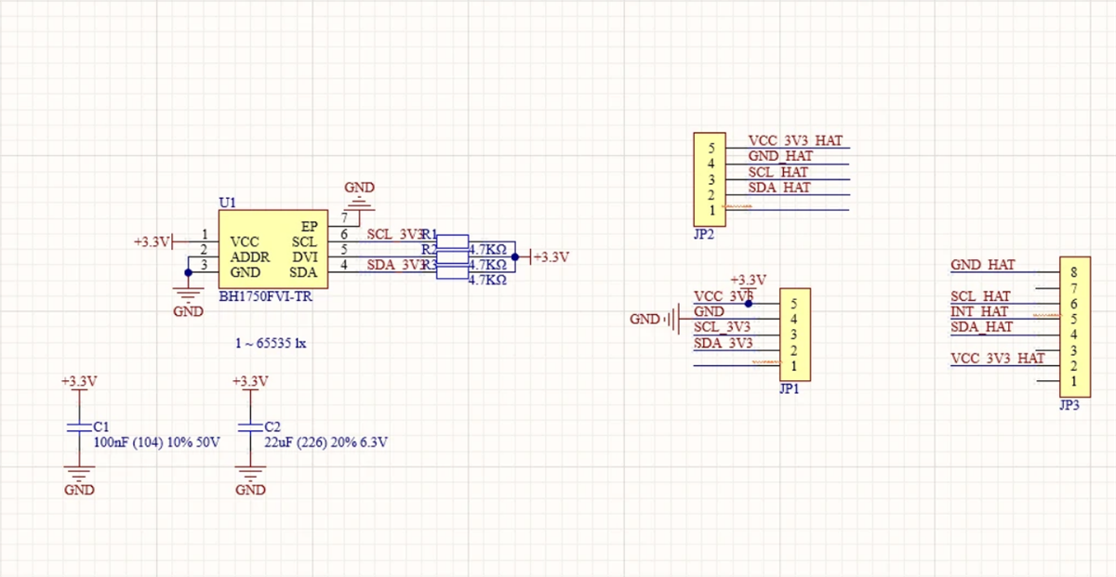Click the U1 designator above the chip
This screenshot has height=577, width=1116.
click(227, 202)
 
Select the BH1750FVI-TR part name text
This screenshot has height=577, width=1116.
click(265, 297)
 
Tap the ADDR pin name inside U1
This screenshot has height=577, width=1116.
click(250, 256)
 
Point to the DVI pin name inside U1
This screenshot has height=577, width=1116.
click(305, 256)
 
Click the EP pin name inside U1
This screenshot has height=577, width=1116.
click(311, 226)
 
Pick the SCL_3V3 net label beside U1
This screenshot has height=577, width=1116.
click(394, 234)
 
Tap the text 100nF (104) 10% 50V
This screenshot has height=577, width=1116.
click(156, 442)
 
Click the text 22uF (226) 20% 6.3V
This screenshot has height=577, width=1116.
click(325, 442)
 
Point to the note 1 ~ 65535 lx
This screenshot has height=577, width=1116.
click(271, 343)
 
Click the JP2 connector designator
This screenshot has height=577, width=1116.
click(704, 235)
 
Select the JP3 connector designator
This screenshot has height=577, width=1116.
click(1069, 405)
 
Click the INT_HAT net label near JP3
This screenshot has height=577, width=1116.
click(979, 311)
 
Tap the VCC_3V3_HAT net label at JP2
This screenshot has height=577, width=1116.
click(795, 141)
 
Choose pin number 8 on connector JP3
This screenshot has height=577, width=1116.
click(1074, 272)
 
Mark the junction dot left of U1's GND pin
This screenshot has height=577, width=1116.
click(188, 272)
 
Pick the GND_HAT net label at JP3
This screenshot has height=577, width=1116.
click(982, 265)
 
